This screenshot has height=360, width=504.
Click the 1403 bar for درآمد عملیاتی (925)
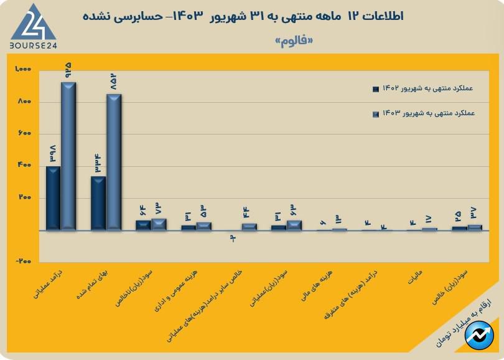(68, 156)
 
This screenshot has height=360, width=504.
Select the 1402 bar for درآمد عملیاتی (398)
(53, 198)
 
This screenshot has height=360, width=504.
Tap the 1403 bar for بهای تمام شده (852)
(113, 162)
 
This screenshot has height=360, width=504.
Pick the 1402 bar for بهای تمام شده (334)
(98, 203)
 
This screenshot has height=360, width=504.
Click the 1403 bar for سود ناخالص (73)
(159, 225)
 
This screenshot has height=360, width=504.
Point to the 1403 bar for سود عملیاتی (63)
(294, 225)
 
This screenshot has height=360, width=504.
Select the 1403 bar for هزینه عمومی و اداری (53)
(203, 226)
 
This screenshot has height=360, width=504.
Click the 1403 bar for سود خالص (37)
(475, 227)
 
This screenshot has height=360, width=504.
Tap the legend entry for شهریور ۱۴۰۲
(423, 89)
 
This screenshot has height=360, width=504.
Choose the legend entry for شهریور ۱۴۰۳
(423, 114)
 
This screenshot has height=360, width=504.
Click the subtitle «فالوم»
(292, 42)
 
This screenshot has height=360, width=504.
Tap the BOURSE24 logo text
(34, 46)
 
